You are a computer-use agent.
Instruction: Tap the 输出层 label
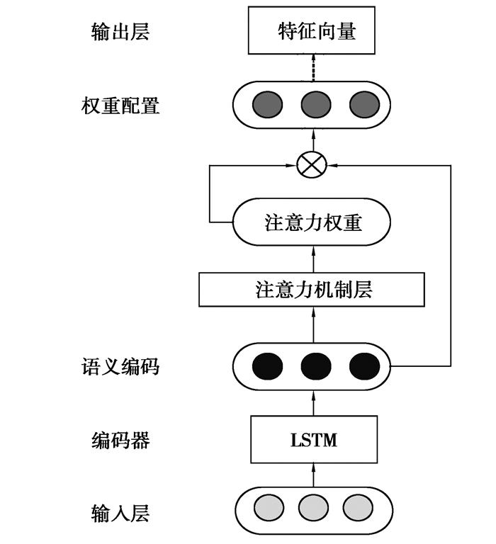coord(120,32)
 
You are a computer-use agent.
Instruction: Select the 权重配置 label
coord(120,106)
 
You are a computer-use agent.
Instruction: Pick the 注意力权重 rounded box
coord(312,223)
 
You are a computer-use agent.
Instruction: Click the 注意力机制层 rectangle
coord(312,289)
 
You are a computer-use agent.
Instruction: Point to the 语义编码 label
coord(120,367)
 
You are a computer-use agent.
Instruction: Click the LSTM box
coord(313,441)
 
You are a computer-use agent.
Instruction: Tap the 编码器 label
coord(120,441)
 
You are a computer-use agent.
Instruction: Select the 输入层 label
coord(120,511)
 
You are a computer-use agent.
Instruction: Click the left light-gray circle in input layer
coord(269,509)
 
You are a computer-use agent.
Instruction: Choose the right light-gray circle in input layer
coord(358,509)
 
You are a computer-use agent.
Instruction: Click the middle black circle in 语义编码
coord(316,366)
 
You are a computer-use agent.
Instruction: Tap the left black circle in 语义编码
coord(268,366)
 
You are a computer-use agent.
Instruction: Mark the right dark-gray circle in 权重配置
coord(364,106)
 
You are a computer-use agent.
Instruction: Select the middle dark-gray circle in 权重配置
coord(316,106)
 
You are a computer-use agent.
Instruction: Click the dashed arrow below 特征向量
coord(312,69)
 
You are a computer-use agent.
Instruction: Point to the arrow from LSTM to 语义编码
coord(312,403)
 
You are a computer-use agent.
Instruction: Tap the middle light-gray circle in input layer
coord(313,509)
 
